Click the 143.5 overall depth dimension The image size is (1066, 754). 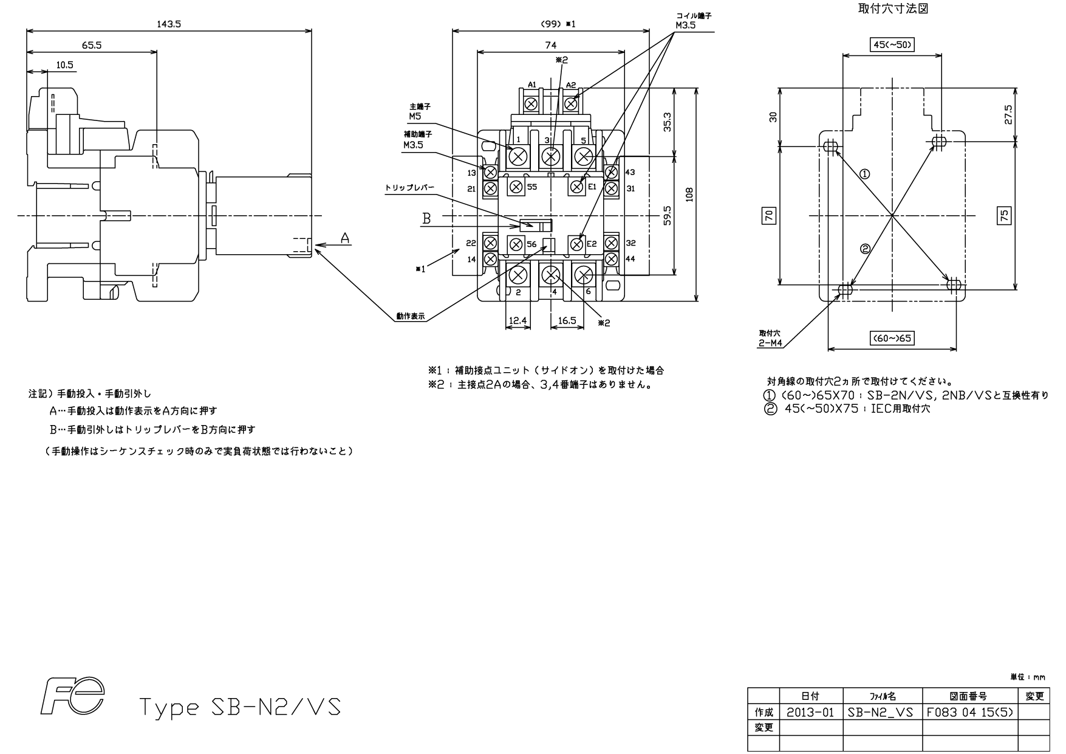click(169, 24)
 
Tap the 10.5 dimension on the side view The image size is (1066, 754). click(65, 64)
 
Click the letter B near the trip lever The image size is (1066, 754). click(426, 218)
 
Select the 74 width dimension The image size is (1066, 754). click(550, 45)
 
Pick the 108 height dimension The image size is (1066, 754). click(689, 195)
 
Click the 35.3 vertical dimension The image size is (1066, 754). click(667, 122)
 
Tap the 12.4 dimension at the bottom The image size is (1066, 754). click(518, 320)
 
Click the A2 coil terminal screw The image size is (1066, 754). click(571, 104)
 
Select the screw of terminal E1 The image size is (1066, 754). click(576, 187)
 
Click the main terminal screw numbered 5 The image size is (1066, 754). click(583, 157)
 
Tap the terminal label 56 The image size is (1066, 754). click(531, 244)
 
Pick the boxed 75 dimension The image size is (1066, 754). click(1005, 215)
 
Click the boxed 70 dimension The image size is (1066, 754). click(769, 215)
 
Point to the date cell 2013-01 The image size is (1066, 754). click(810, 712)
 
